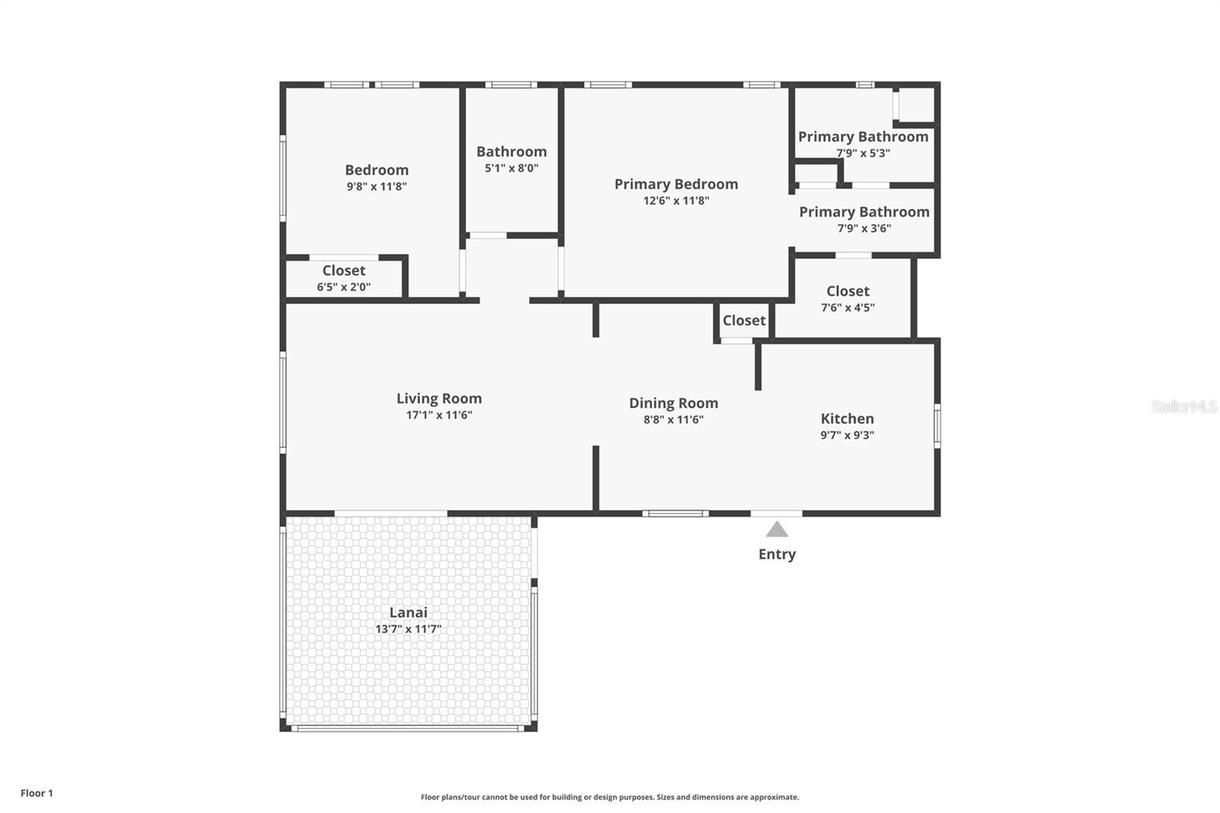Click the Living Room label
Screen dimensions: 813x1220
click(x=438, y=398)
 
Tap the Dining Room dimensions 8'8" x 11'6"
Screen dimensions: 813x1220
click(x=673, y=419)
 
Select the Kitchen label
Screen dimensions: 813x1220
click(x=847, y=418)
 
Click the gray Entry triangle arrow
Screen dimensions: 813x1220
click(x=776, y=529)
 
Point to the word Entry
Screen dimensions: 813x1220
click(x=776, y=554)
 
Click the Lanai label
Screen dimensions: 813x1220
click(x=408, y=612)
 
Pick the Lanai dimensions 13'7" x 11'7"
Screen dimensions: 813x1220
click(x=408, y=629)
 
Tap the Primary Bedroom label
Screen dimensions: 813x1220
click(x=676, y=184)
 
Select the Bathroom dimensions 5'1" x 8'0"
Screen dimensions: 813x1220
click(x=511, y=168)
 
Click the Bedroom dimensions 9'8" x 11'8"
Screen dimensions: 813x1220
click(x=376, y=186)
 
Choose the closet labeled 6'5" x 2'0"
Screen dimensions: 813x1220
click(x=343, y=278)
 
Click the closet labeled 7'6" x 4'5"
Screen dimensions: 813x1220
click(x=847, y=298)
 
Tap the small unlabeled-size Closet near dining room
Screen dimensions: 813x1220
click(x=743, y=320)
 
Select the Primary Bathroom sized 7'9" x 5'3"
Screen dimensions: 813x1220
click(x=862, y=143)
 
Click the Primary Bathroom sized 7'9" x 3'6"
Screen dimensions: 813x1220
click(x=864, y=219)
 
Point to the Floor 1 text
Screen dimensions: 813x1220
click(x=37, y=793)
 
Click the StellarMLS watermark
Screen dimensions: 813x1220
click(x=1183, y=406)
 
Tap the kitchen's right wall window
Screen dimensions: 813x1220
click(x=937, y=425)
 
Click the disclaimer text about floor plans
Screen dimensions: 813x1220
click(x=609, y=797)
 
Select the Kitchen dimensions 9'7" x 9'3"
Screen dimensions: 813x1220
click(x=846, y=435)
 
